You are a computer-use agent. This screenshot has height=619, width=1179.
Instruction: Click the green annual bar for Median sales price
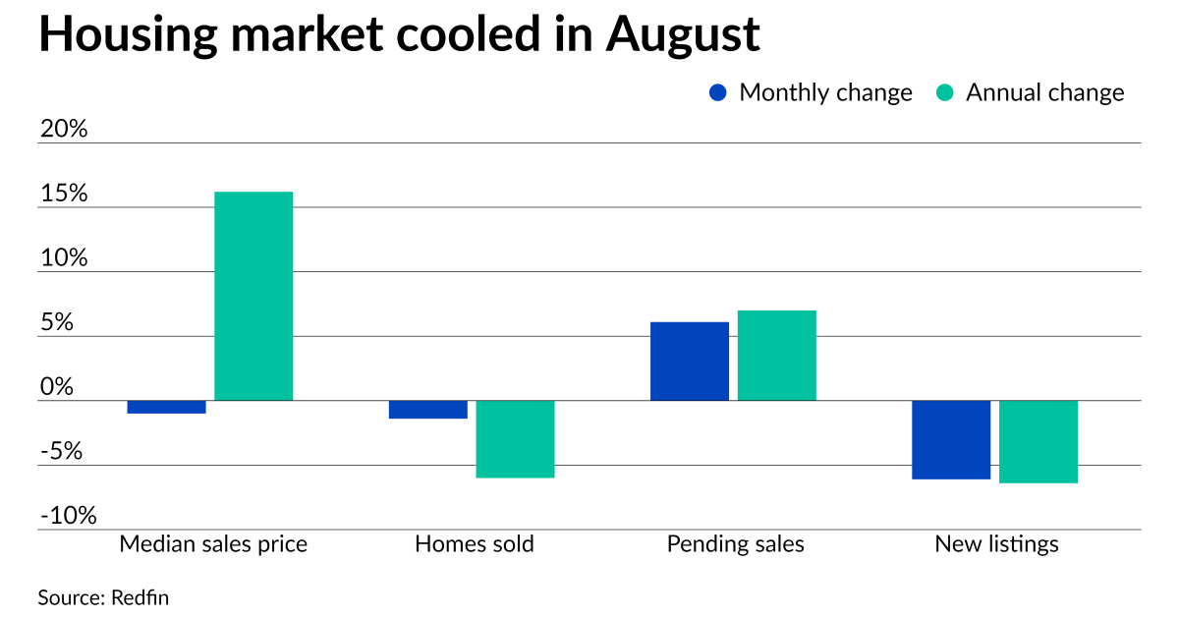tap(253, 296)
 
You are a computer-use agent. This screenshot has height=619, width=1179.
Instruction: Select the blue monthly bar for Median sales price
tap(166, 407)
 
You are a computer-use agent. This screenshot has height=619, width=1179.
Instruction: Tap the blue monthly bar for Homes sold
tap(428, 410)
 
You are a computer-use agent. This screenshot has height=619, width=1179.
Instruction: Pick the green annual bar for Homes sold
tap(515, 439)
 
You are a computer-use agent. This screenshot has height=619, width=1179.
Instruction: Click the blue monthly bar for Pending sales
tap(690, 362)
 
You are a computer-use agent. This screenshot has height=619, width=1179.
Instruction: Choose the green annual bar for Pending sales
tap(777, 356)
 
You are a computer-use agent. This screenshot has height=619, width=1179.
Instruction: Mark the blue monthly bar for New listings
tap(951, 440)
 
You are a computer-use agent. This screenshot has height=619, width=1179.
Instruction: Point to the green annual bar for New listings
tap(1039, 442)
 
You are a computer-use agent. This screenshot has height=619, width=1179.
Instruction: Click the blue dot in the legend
tap(718, 93)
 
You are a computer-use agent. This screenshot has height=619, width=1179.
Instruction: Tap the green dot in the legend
tap(944, 93)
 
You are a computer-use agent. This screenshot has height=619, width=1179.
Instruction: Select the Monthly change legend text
tap(825, 93)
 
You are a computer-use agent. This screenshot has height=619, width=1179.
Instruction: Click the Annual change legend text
tap(1044, 93)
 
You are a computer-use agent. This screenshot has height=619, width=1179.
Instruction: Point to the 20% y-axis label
tap(64, 129)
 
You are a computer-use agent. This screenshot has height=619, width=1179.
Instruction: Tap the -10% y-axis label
tap(68, 516)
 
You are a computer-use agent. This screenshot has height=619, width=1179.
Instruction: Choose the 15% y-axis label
tap(64, 194)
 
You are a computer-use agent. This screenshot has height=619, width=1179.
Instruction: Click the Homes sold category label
tap(475, 544)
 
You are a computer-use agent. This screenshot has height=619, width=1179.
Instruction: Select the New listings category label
tap(996, 544)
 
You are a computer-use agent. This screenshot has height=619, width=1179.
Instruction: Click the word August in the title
tap(683, 35)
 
